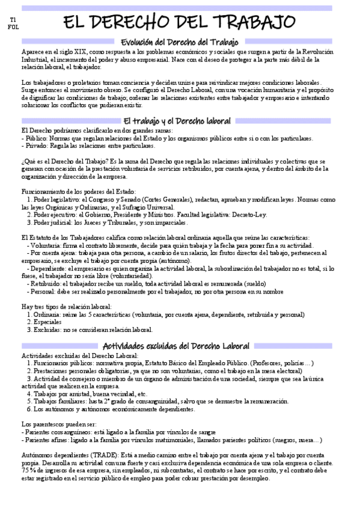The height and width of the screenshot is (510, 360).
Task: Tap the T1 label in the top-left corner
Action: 13,20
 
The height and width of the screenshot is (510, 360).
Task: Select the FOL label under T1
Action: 13,28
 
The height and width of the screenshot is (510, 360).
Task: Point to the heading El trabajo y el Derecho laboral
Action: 180,120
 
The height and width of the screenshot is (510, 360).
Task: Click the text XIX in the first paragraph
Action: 88,52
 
